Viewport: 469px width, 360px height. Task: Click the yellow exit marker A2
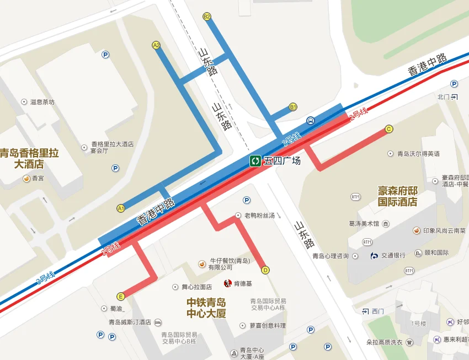click(156, 45)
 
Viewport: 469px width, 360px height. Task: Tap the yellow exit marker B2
click(207, 17)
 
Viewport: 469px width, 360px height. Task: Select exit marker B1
click(293, 107)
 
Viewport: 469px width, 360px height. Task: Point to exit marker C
click(389, 129)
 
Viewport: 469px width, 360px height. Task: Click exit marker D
click(265, 270)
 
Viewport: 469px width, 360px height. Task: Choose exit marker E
click(121, 296)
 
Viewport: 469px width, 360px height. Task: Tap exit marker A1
click(121, 208)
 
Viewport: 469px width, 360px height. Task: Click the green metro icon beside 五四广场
click(255, 161)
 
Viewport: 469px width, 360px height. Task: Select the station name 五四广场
click(282, 161)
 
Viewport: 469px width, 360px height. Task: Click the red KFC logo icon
click(227, 283)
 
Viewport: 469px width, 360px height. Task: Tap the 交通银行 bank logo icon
click(375, 255)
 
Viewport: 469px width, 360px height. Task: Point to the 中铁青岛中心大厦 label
click(206, 308)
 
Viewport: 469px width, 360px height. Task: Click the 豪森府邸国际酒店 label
click(398, 196)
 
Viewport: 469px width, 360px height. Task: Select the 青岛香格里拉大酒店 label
click(29, 158)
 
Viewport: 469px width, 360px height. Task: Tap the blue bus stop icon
click(311, 120)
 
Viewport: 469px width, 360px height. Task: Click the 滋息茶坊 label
click(42, 102)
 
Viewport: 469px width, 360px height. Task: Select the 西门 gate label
click(377, 311)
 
